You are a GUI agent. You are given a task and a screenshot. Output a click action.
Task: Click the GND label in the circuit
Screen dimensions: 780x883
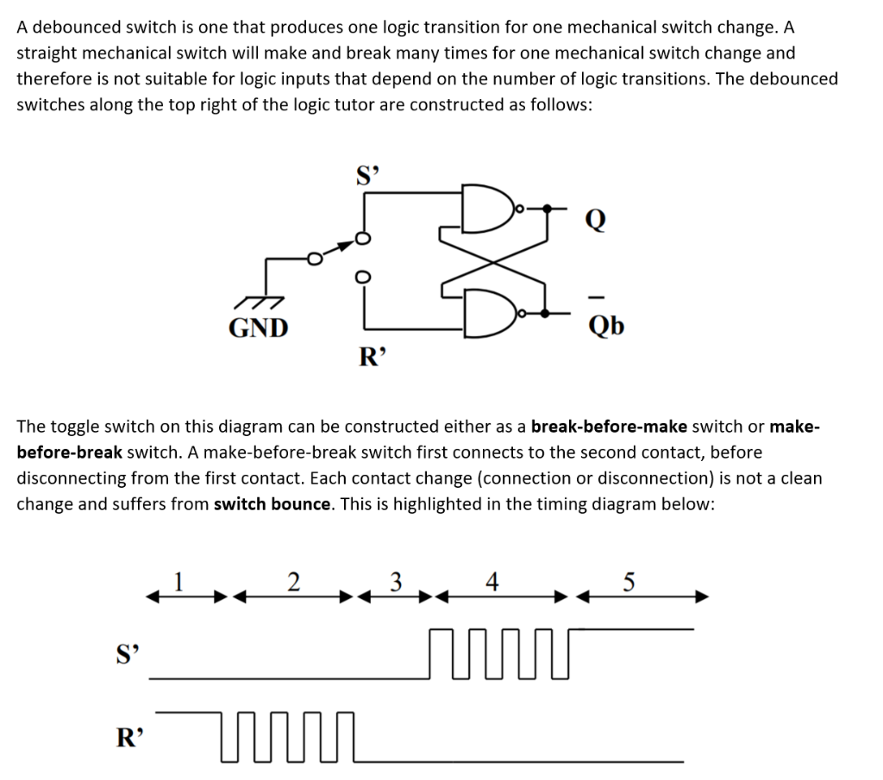pos(258,328)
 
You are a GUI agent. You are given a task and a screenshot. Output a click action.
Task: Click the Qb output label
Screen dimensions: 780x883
pos(605,326)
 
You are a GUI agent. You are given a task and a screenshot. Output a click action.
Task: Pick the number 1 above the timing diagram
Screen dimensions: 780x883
pos(178,580)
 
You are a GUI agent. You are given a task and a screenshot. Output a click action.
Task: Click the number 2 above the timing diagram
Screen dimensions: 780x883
pos(293,581)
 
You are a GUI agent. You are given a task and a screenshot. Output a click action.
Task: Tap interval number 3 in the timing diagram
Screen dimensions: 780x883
pos(396,581)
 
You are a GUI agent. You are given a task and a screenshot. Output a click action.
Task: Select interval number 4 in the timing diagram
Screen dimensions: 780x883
pos(492,581)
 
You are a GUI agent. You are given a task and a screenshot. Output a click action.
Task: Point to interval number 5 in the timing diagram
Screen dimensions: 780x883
pos(629,581)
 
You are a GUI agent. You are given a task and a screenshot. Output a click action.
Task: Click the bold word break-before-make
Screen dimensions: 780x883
pos(609,427)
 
